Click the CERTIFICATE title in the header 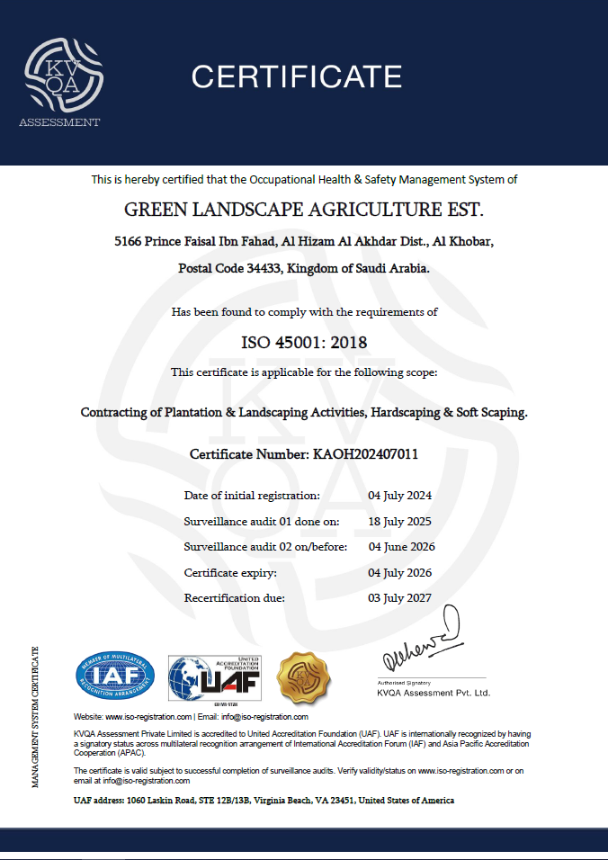tap(296, 76)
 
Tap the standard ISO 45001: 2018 tap(304, 343)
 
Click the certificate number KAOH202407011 tap(364, 454)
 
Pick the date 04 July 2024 tap(400, 496)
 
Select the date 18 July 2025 tap(400, 522)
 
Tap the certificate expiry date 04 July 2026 tap(400, 573)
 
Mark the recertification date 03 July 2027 tap(400, 598)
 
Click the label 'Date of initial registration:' tap(252, 496)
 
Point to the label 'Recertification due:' tap(235, 598)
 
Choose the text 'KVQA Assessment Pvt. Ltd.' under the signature tap(434, 693)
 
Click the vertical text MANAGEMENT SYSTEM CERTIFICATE tap(35, 717)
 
